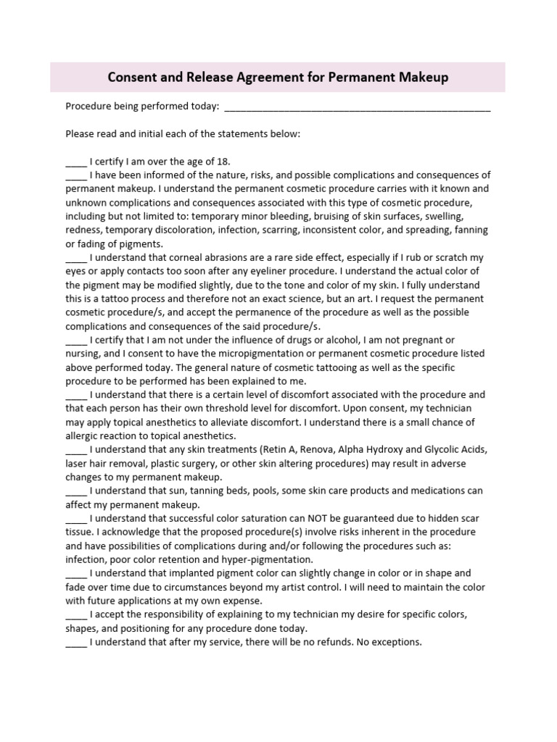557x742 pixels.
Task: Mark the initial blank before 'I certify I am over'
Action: (x=75, y=162)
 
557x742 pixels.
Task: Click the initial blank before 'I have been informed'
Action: (x=75, y=175)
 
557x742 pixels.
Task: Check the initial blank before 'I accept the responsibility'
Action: (x=75, y=614)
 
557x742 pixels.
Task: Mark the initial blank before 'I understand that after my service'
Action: (x=75, y=642)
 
